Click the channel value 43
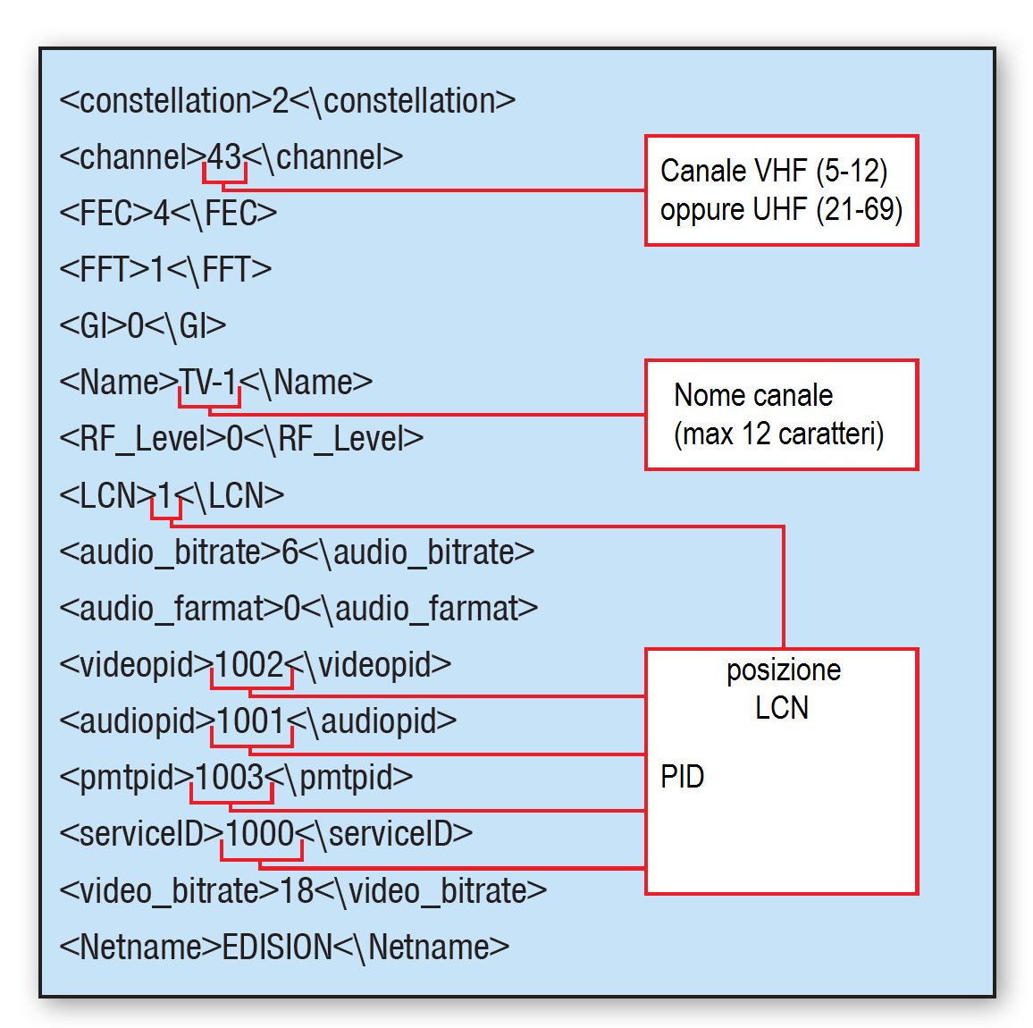[224, 157]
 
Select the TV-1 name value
[208, 383]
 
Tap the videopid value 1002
[249, 665]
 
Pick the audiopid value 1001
[250, 721]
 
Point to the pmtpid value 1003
[230, 778]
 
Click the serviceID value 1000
[260, 834]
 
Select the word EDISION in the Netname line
[277, 947]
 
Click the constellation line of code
[287, 101]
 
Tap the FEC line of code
[168, 214]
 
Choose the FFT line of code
[165, 270]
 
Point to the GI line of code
[142, 326]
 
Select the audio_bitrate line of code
[297, 552]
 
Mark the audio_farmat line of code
[298, 609]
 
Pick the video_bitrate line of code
[303, 890]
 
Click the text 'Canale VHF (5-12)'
[774, 171]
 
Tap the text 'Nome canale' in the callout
[753, 395]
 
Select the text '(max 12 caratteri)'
[778, 434]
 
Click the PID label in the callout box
[682, 777]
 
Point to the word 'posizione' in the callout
[784, 670]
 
